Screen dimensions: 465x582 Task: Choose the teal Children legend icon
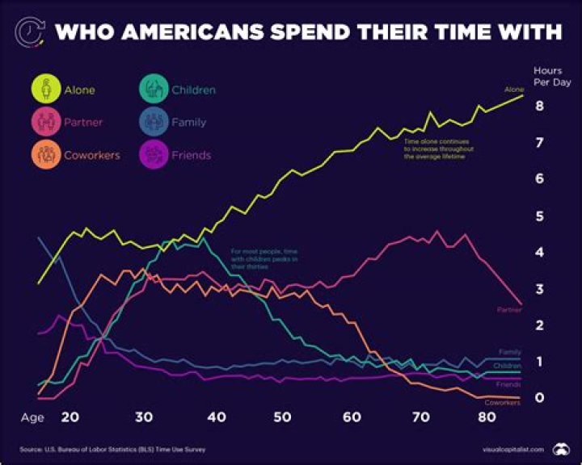(154, 90)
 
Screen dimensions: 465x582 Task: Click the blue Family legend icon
(154, 123)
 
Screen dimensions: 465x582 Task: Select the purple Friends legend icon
(154, 155)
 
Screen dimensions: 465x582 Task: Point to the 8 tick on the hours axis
(539, 106)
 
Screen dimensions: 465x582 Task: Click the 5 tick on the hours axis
(539, 216)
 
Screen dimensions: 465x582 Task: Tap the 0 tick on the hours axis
(539, 398)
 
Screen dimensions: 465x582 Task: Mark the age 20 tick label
(70, 417)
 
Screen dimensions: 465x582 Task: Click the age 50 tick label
(282, 417)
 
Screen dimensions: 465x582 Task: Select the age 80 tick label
(486, 417)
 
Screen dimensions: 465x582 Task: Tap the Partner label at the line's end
(510, 309)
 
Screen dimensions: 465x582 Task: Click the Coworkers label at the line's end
(502, 402)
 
